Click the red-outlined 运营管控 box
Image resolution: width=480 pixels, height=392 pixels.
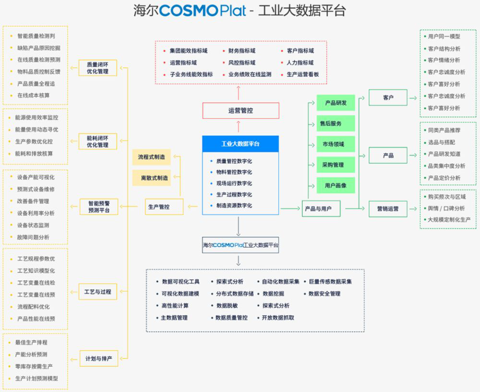[240, 111]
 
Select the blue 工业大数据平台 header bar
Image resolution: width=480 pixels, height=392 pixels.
[240, 144]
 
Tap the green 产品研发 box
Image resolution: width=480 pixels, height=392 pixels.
[336, 103]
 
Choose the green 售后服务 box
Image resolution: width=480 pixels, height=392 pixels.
[336, 123]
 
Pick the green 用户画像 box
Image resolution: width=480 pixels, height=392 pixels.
[336, 185]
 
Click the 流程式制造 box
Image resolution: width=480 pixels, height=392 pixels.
[151, 157]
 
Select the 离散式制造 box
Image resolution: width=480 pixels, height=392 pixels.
[151, 178]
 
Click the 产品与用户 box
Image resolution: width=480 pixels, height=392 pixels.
[321, 209]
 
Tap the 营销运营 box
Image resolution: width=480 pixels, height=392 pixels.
[388, 209]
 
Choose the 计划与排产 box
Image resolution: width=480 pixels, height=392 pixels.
[98, 358]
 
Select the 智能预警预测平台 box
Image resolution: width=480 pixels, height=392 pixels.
[98, 207]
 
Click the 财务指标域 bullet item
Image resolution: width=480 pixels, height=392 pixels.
[241, 51]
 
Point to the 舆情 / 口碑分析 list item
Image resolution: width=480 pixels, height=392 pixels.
[445, 208]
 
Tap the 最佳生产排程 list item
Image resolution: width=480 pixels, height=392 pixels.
[31, 343]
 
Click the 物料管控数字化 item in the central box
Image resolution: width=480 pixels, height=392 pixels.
[234, 172]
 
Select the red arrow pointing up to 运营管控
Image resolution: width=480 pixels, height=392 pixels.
[239, 127]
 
